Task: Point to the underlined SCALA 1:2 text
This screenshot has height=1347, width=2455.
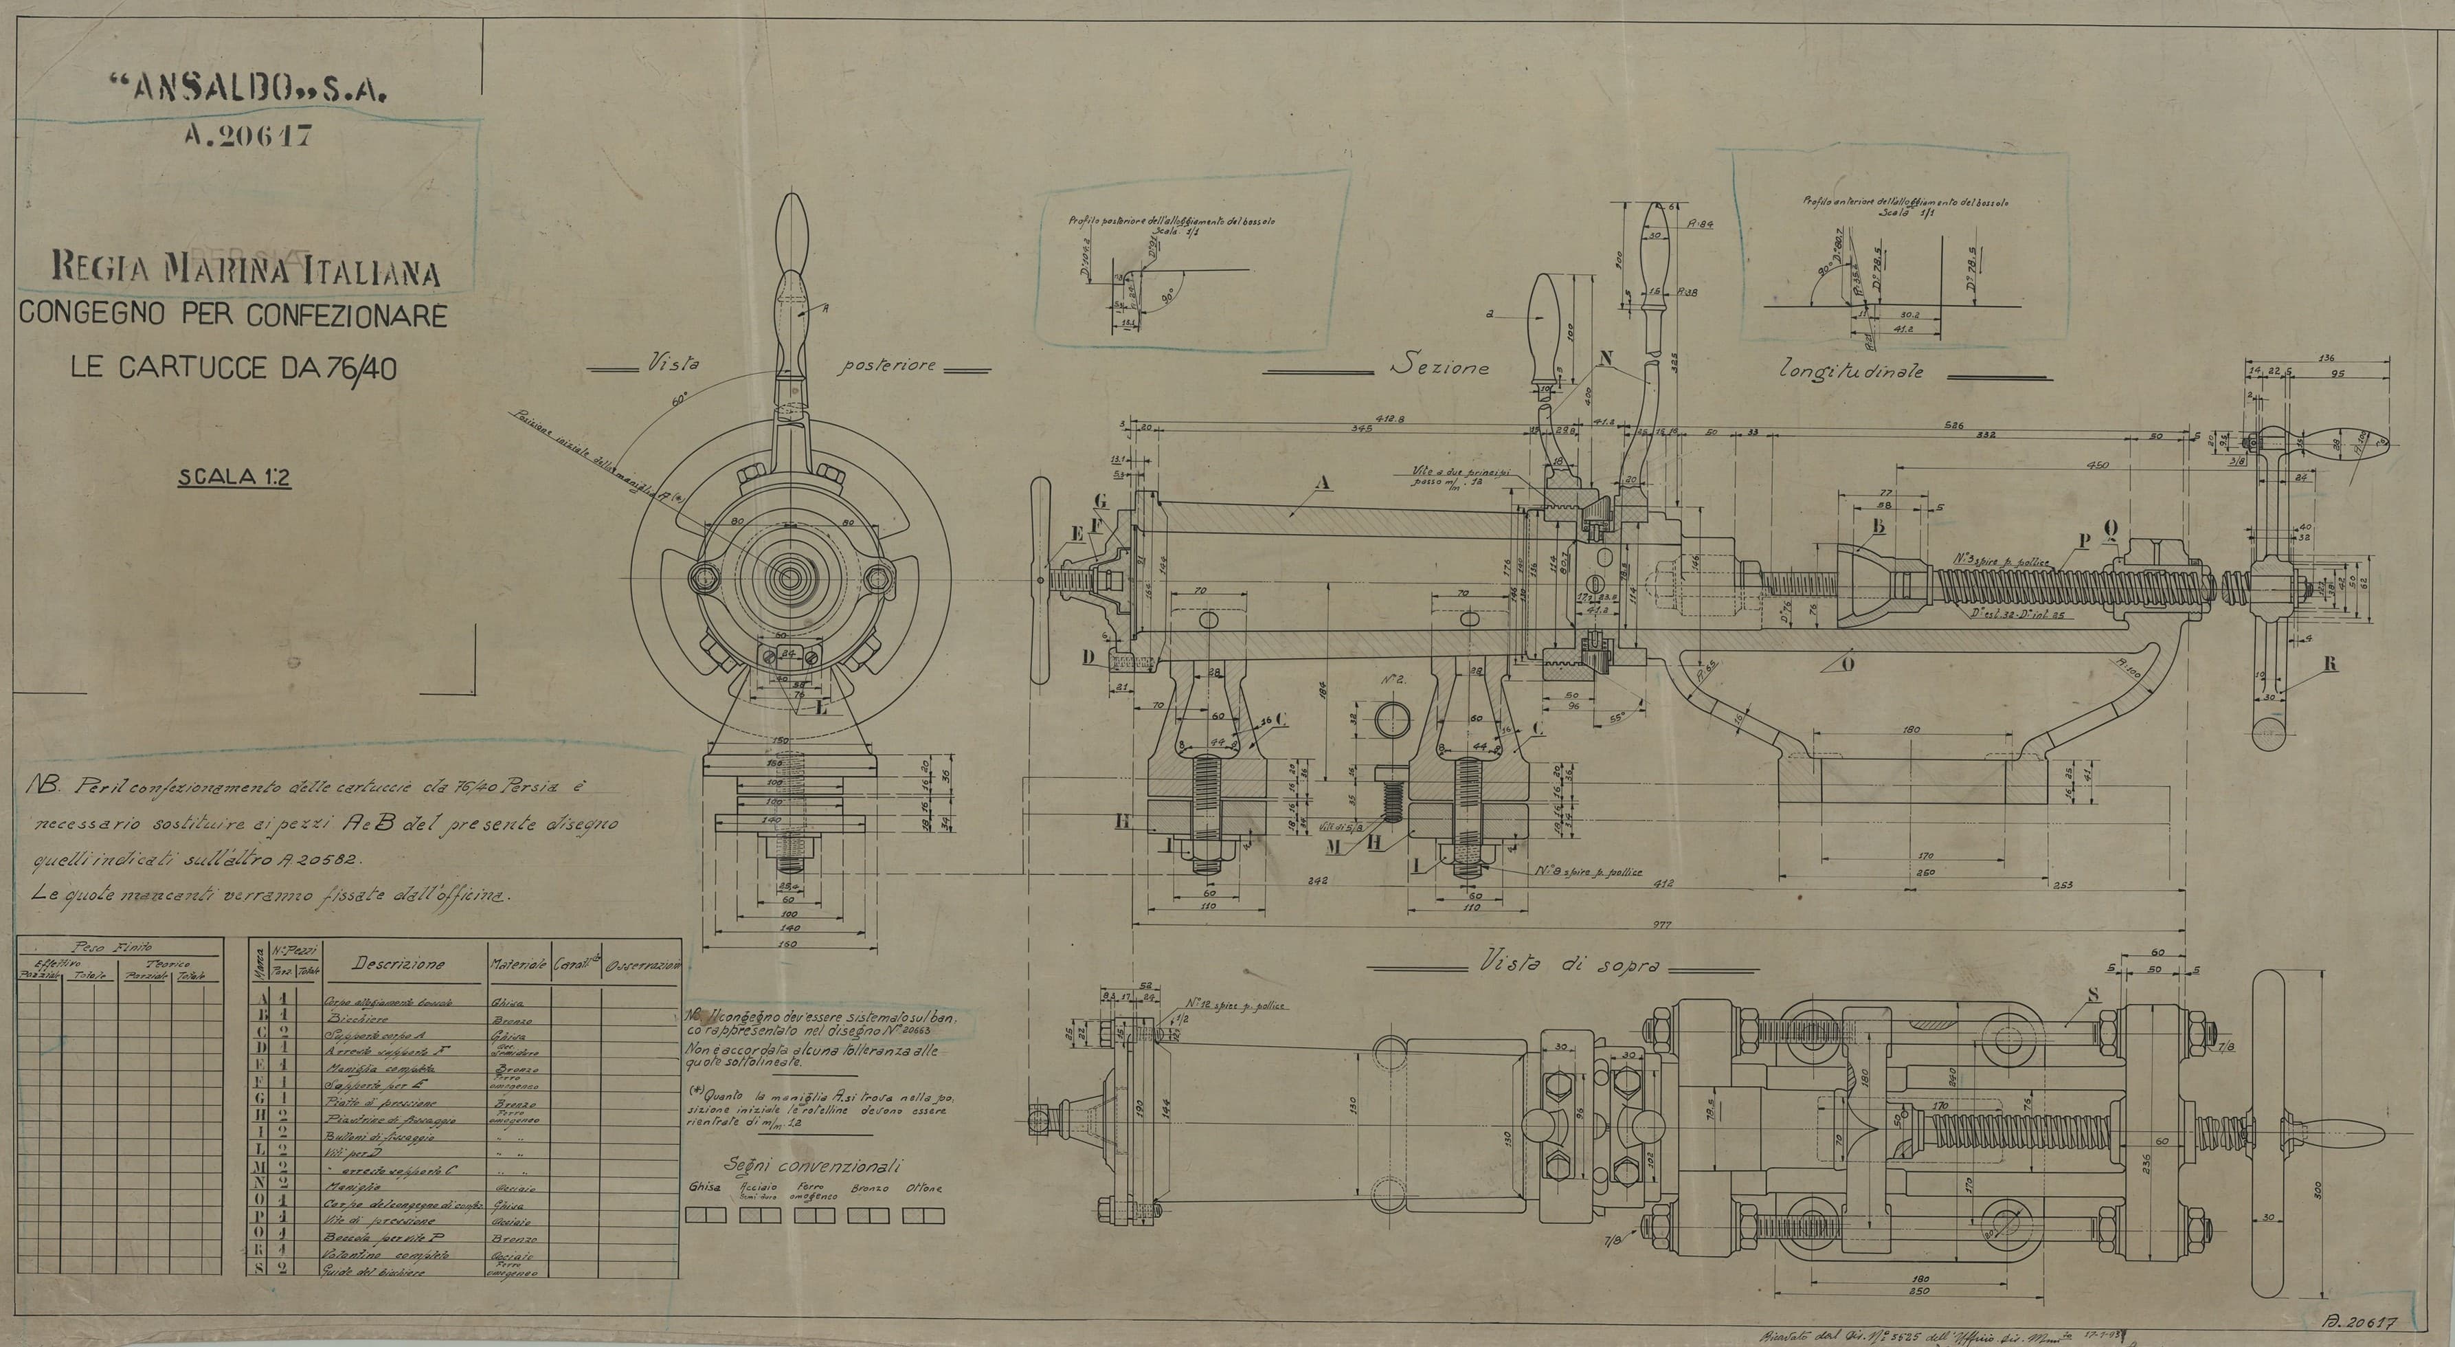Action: tap(234, 478)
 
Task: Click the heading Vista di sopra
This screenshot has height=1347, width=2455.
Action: tap(1563, 965)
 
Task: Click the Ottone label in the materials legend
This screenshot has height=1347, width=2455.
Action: tap(923, 1189)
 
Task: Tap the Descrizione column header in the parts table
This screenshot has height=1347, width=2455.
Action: tap(399, 964)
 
